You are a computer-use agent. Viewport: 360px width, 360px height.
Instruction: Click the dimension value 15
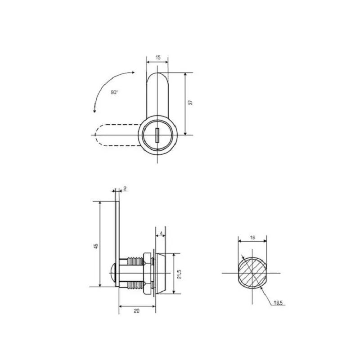pyautogui.click(x=157, y=58)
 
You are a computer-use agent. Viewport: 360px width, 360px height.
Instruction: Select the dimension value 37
pyautogui.click(x=190, y=103)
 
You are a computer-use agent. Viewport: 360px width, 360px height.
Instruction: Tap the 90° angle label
pyautogui.click(x=115, y=92)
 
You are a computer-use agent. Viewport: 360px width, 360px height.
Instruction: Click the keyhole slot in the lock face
pyautogui.click(x=157, y=135)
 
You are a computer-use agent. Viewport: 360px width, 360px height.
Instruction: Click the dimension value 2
pyautogui.click(x=125, y=189)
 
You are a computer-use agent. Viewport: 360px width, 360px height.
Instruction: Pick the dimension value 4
pyautogui.click(x=161, y=234)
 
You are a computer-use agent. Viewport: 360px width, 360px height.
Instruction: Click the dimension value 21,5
pyautogui.click(x=179, y=274)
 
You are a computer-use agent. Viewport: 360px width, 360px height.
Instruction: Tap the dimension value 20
pyautogui.click(x=137, y=310)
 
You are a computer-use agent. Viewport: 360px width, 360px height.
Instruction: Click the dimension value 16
pyautogui.click(x=252, y=237)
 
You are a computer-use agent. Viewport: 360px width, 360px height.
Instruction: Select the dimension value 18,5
pyautogui.click(x=279, y=302)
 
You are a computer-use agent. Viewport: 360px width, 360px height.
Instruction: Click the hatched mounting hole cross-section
pyautogui.click(x=252, y=273)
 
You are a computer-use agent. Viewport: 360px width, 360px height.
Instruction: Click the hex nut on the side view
pyautogui.click(x=147, y=273)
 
